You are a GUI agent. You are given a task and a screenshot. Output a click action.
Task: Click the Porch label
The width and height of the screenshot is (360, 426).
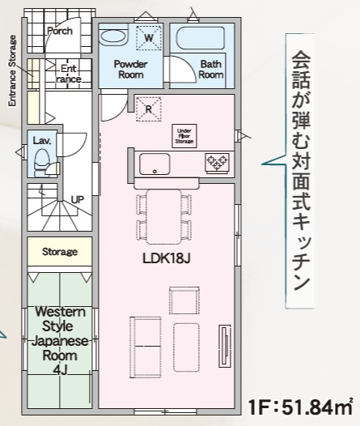click(x=60, y=31)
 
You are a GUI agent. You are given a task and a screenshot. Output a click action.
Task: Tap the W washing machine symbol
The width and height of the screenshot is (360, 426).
click(x=149, y=38)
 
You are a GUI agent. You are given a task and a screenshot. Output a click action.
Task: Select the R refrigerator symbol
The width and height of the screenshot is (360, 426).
click(x=148, y=109)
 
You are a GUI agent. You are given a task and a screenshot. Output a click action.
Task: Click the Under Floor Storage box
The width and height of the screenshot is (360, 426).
click(x=184, y=136)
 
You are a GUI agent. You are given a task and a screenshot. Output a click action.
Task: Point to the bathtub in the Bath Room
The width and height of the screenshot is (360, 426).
click(x=201, y=38)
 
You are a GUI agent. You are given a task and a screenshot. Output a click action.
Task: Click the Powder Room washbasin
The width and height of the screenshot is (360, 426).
click(x=113, y=36)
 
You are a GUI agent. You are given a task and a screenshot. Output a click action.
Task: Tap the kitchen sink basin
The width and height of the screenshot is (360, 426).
click(x=155, y=164)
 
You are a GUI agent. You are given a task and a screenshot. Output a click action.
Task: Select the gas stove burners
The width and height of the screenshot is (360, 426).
click(x=217, y=162)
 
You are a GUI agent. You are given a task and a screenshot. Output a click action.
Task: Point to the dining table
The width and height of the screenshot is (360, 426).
click(x=164, y=216)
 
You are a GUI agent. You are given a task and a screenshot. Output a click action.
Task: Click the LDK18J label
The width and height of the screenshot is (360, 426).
click(x=167, y=258)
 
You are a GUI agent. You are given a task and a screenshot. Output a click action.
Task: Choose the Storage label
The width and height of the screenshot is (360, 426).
click(x=60, y=252)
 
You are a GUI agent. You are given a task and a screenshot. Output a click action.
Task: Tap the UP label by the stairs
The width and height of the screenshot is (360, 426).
click(x=78, y=200)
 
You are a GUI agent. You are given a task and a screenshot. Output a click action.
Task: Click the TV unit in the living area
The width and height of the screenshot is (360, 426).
click(x=225, y=346)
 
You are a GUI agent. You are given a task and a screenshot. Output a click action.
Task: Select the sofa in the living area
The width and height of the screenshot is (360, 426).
click(x=146, y=347)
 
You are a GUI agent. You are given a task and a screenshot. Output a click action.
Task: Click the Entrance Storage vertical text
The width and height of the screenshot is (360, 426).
click(x=12, y=70)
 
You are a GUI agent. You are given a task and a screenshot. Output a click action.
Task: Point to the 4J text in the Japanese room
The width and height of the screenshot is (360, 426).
click(x=60, y=370)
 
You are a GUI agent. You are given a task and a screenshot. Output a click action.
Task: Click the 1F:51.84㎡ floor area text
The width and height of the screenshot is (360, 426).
click(x=301, y=407)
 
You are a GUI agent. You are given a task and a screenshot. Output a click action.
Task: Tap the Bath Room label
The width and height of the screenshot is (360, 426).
click(x=211, y=70)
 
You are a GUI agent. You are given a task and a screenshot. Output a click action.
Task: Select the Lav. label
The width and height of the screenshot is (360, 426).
click(x=42, y=141)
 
